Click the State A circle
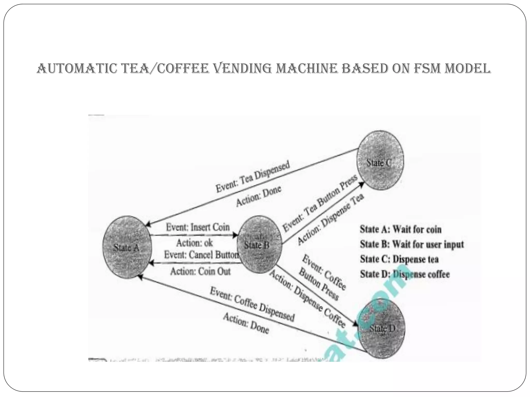(127, 247)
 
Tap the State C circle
(380, 160)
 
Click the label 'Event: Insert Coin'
(198, 227)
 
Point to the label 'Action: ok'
(195, 243)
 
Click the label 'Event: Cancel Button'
(201, 255)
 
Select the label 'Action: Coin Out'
(200, 271)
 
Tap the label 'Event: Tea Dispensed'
(253, 177)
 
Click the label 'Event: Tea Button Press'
(320, 203)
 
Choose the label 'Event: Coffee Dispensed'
(252, 304)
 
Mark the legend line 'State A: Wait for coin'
(400, 229)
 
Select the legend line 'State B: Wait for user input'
(412, 244)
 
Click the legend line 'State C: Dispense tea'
(399, 259)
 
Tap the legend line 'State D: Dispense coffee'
(405, 274)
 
